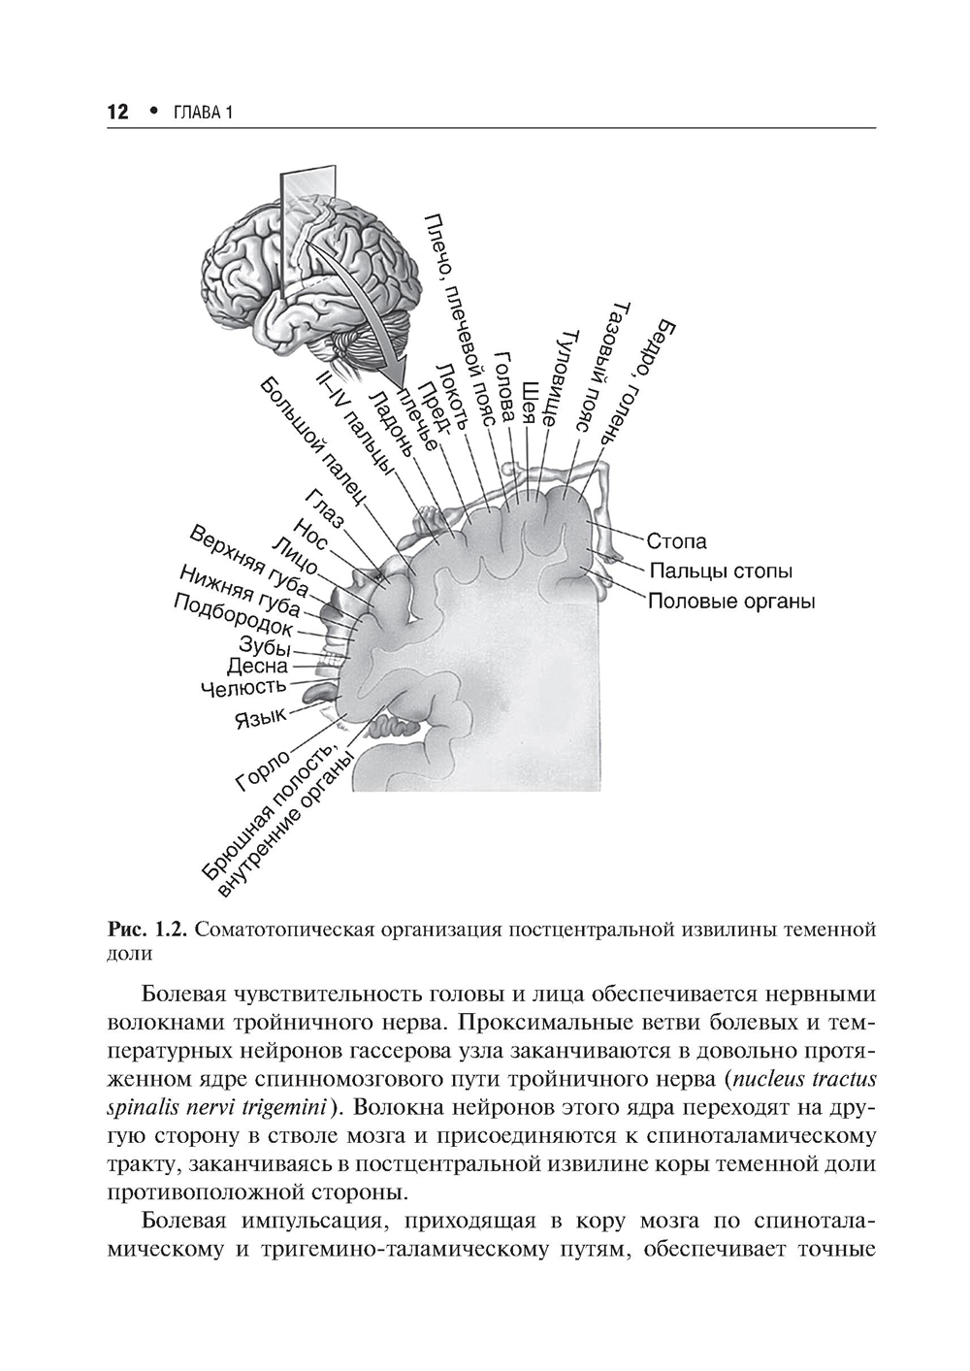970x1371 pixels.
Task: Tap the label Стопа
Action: coord(676,541)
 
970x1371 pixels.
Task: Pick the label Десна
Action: coord(257,667)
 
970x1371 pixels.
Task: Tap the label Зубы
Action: coord(265,645)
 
